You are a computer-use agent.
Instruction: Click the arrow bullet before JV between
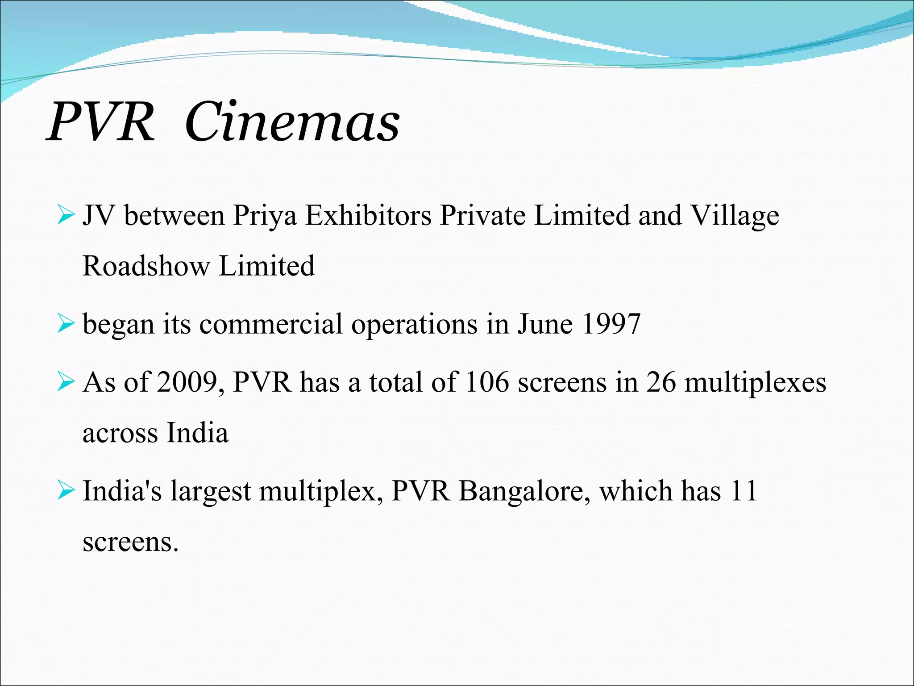[66, 216]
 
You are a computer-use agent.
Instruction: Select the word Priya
[265, 216]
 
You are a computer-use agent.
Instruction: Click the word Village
[735, 216]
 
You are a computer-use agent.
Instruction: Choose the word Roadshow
[146, 266]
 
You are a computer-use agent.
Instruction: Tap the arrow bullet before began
[66, 324]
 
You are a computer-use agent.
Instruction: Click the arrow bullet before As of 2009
[66, 383]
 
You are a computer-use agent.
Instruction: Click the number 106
[487, 383]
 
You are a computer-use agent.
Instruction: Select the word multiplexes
[755, 384]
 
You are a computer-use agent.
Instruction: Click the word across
[120, 433]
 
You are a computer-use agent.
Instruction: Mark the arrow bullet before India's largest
[66, 491]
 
